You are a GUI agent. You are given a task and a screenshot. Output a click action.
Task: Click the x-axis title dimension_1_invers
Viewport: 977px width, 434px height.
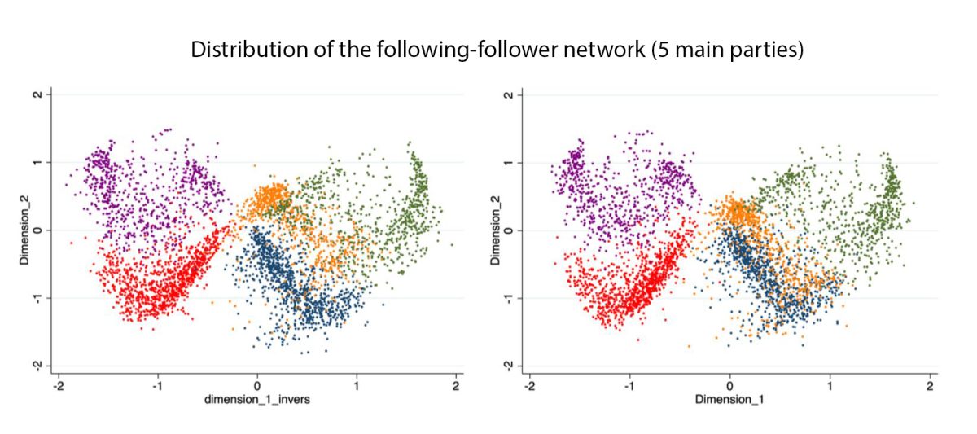(256, 400)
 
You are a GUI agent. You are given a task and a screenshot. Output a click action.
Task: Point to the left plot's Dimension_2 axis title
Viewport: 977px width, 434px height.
(24, 230)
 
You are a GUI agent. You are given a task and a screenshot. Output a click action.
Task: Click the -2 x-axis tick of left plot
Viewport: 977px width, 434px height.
(58, 384)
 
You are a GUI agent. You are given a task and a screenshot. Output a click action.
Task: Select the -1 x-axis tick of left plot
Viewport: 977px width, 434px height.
(157, 384)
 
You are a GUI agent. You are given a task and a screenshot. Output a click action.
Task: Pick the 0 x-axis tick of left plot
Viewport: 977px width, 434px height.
(257, 384)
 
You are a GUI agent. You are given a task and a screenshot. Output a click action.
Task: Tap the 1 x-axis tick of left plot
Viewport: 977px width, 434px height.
(357, 384)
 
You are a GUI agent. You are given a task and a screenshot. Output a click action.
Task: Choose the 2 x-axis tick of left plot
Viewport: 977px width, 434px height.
(456, 384)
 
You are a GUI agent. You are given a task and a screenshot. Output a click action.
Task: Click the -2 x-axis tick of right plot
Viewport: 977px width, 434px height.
(529, 384)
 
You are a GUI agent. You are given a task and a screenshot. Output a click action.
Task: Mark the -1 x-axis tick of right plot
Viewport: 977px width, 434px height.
(629, 384)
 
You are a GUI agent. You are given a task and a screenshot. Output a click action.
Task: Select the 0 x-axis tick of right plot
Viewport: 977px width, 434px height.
(729, 384)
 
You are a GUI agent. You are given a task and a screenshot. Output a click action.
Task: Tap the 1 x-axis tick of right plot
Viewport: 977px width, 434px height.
(829, 384)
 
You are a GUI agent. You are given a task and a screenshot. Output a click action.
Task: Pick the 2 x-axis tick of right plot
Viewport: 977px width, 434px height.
(928, 384)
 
